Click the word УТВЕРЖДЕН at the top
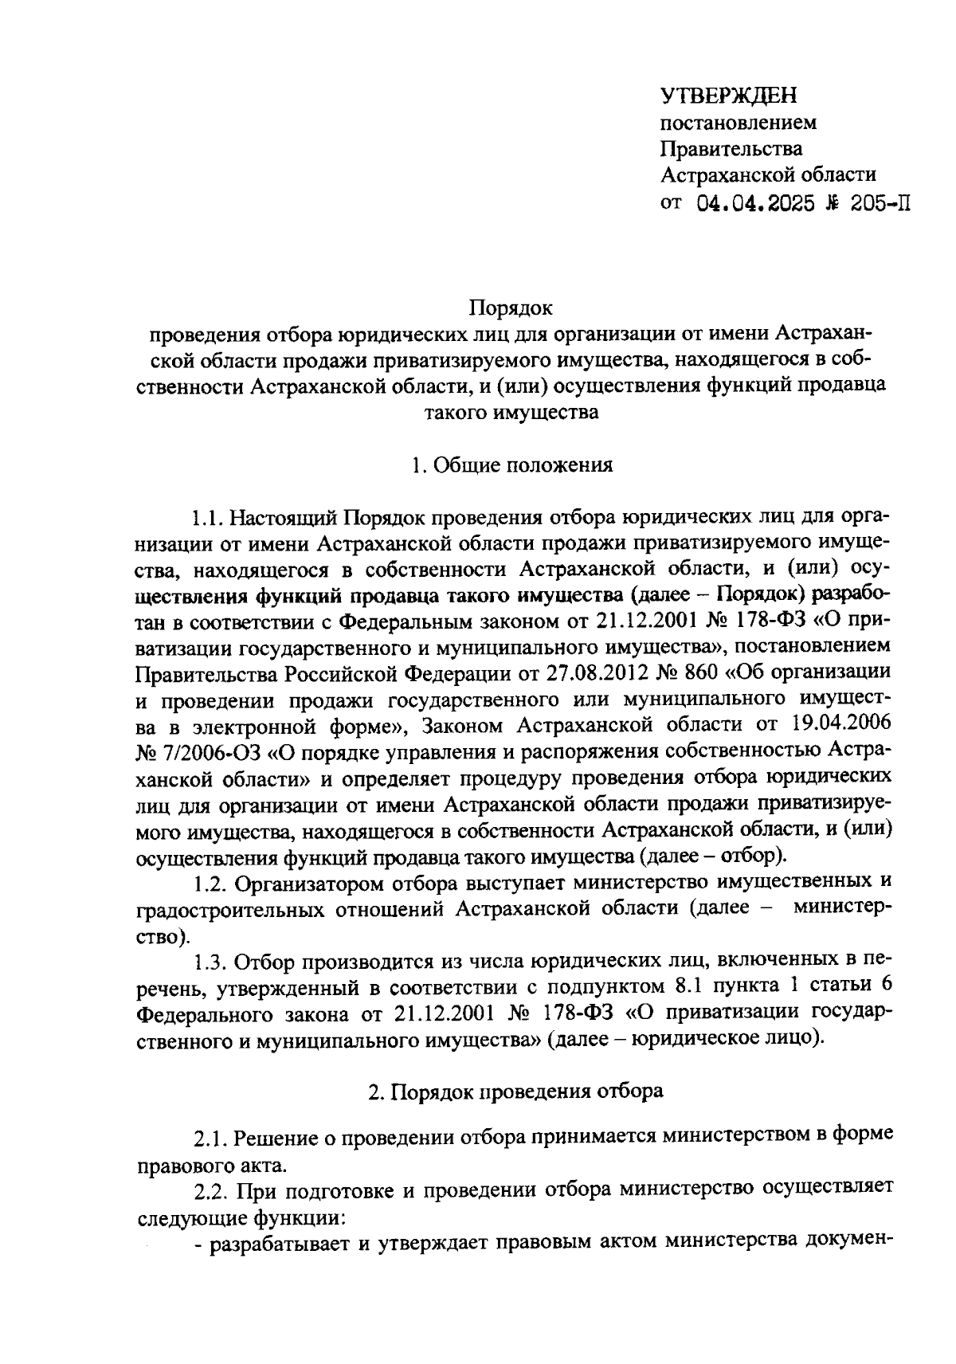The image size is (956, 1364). tap(729, 97)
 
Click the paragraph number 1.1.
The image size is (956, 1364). tap(207, 519)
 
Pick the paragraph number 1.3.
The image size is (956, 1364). tap(208, 962)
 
